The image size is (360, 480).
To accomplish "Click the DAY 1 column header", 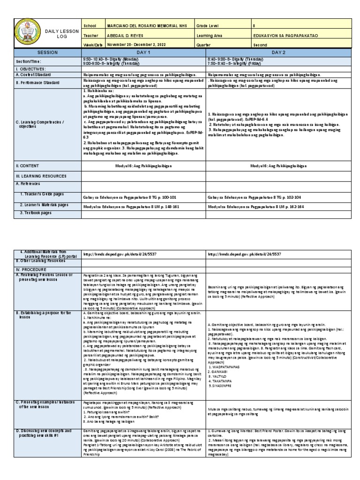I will tap(143, 53).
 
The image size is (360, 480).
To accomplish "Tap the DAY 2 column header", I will tap(278, 53).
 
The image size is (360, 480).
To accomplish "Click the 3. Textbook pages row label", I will tap(37, 212).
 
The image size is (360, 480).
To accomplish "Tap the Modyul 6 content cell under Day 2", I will tap(278, 165).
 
